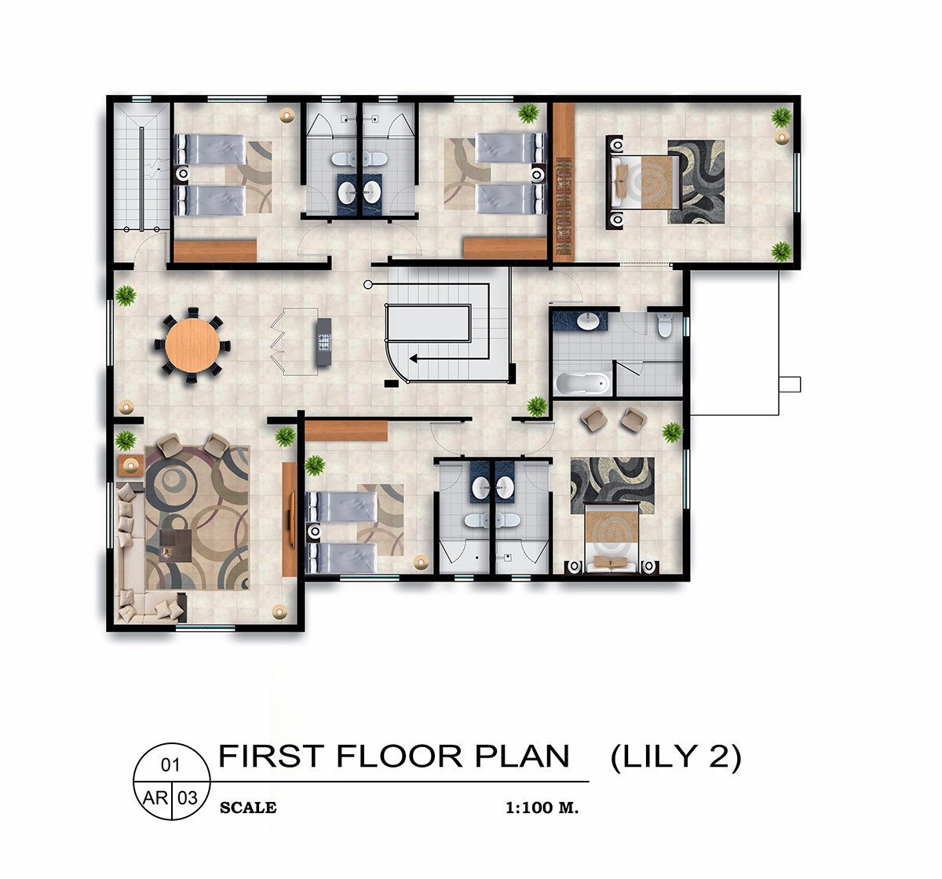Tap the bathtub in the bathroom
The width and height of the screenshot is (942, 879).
(x=582, y=383)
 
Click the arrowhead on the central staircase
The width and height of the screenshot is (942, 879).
(x=413, y=359)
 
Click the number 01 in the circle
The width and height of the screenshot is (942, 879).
(x=170, y=764)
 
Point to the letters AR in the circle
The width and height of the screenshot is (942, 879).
(x=155, y=798)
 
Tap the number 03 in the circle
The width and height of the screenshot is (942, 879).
(x=188, y=798)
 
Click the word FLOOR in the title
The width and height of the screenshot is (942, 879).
(x=400, y=756)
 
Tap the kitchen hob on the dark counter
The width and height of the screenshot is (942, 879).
(x=324, y=341)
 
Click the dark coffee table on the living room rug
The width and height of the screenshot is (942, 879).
(x=176, y=545)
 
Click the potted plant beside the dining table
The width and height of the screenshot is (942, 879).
(x=126, y=296)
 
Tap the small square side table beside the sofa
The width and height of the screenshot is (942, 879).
(x=130, y=465)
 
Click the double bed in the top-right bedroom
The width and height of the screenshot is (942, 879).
(x=644, y=183)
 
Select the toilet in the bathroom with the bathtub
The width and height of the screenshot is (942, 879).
(x=665, y=324)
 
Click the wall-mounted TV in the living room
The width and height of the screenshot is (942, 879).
(x=290, y=519)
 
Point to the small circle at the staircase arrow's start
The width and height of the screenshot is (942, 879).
(x=367, y=285)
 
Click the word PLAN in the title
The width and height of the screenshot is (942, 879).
(x=522, y=756)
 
